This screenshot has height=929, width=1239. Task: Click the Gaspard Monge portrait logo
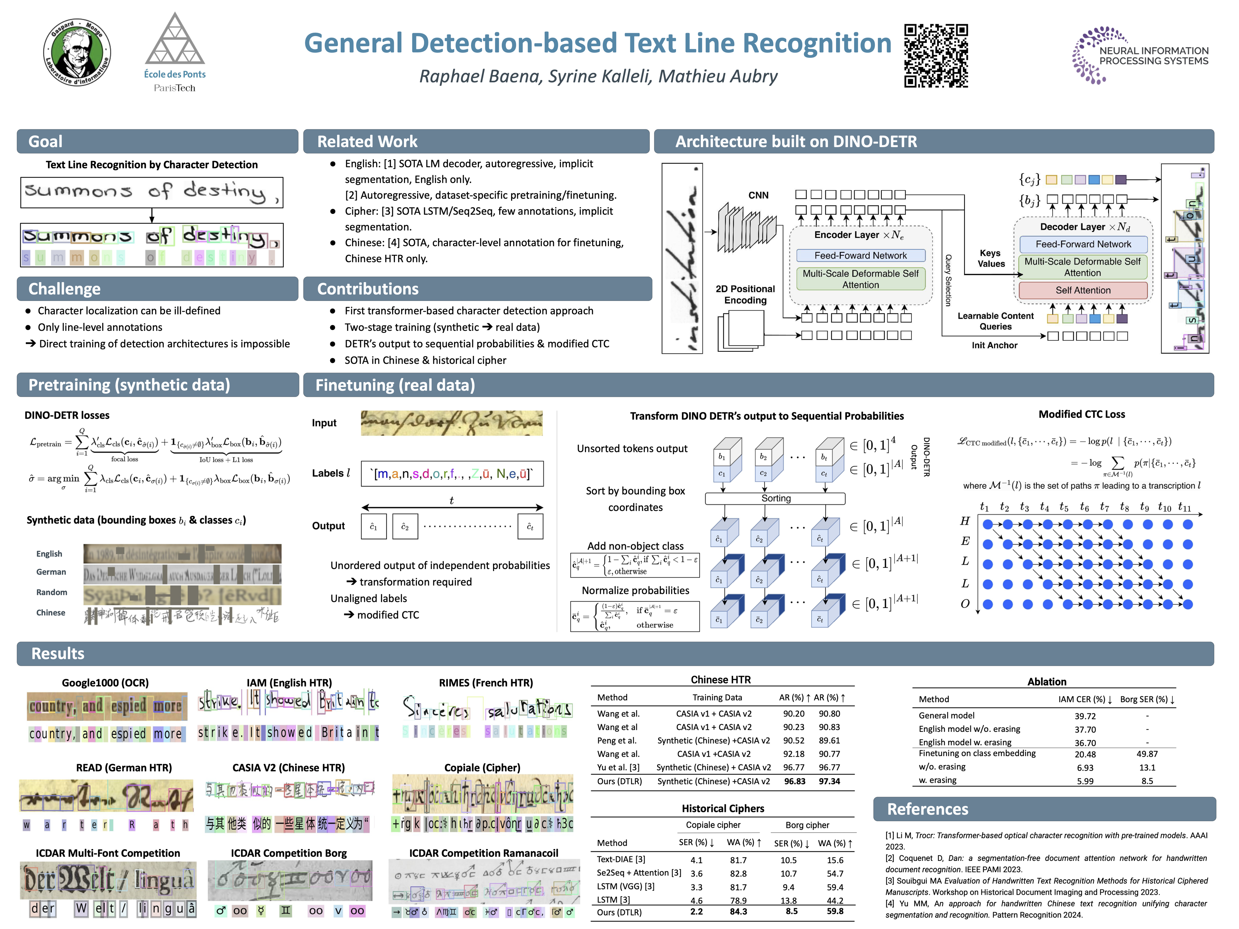click(x=77, y=52)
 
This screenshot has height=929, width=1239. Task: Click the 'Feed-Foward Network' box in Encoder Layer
click(x=860, y=255)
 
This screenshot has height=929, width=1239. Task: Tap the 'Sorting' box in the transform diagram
click(x=775, y=498)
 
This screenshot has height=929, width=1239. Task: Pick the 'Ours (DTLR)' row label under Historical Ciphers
click(x=619, y=912)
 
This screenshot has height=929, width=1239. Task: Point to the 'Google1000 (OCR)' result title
click(x=105, y=683)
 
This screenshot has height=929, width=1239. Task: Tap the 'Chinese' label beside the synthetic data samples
click(x=51, y=613)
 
